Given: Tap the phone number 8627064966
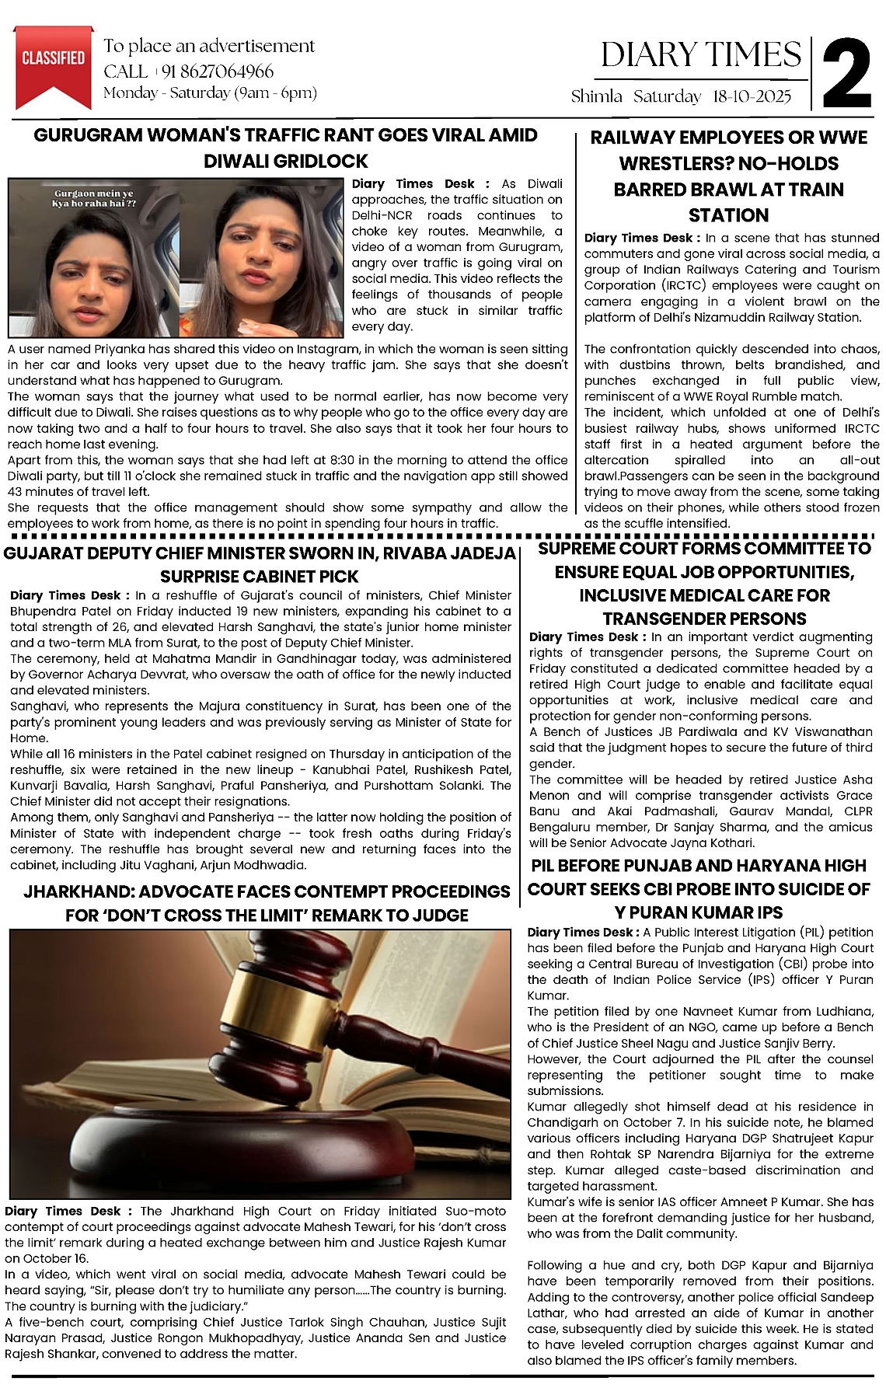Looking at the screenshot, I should (218, 71).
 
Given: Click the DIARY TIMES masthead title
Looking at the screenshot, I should (701, 55).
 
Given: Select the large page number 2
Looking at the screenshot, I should (847, 74).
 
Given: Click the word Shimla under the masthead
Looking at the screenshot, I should (597, 96).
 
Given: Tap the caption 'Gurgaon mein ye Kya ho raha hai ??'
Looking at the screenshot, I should (94, 198).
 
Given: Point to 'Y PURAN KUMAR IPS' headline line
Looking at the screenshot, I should (699, 912).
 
